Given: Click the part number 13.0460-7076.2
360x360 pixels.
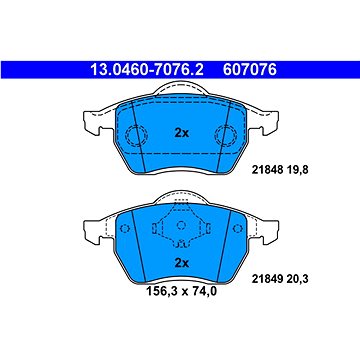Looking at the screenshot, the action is click(147, 70).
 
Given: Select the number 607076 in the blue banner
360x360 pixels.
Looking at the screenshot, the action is click(250, 70).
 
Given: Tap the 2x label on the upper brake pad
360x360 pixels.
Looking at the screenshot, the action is click(182, 133).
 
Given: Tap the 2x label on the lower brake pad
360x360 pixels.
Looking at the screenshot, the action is click(182, 263).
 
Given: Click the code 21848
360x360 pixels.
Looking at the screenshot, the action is click(267, 170).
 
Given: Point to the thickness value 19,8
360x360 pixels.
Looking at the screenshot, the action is click(297, 170).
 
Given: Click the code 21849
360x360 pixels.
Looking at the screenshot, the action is click(267, 279).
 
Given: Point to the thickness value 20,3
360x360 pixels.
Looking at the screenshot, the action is click(297, 279).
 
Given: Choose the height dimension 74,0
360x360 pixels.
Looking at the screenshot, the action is click(204, 292).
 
